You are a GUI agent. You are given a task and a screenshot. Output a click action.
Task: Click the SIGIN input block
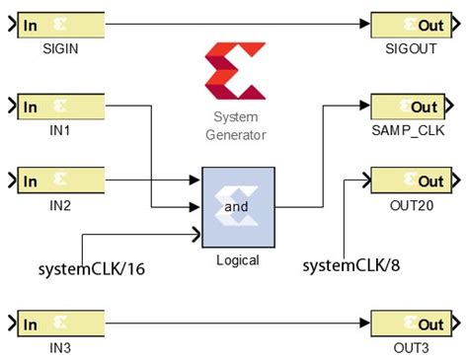click(x=60, y=25)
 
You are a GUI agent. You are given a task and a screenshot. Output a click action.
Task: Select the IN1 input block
click(x=60, y=107)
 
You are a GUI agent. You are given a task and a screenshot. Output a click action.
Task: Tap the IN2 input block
click(x=60, y=181)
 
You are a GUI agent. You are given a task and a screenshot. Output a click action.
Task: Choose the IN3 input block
click(x=60, y=324)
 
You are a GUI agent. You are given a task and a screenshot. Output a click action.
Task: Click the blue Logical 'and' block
click(x=236, y=207)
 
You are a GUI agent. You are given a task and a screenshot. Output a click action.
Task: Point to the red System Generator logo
click(x=235, y=71)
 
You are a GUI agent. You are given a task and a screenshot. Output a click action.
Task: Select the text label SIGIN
click(x=61, y=48)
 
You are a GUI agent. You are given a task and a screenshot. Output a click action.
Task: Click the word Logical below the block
click(x=237, y=260)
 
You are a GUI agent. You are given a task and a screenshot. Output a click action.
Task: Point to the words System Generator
click(x=236, y=124)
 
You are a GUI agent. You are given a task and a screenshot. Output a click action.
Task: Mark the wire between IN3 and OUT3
click(x=237, y=324)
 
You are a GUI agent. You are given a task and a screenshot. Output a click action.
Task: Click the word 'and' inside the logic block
click(x=236, y=208)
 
